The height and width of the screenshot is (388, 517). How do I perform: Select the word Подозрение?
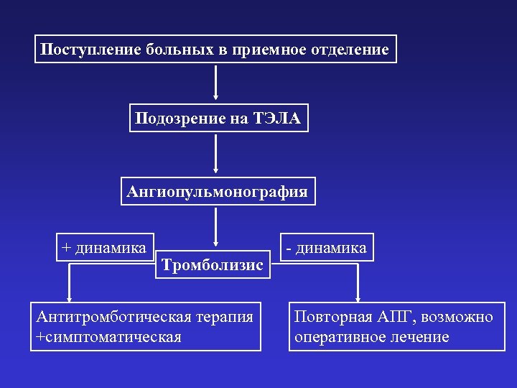[180, 119]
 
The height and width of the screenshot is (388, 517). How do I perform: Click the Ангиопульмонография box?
[217, 192]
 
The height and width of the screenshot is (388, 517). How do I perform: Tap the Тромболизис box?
[213, 265]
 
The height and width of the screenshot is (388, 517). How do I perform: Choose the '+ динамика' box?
[104, 248]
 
